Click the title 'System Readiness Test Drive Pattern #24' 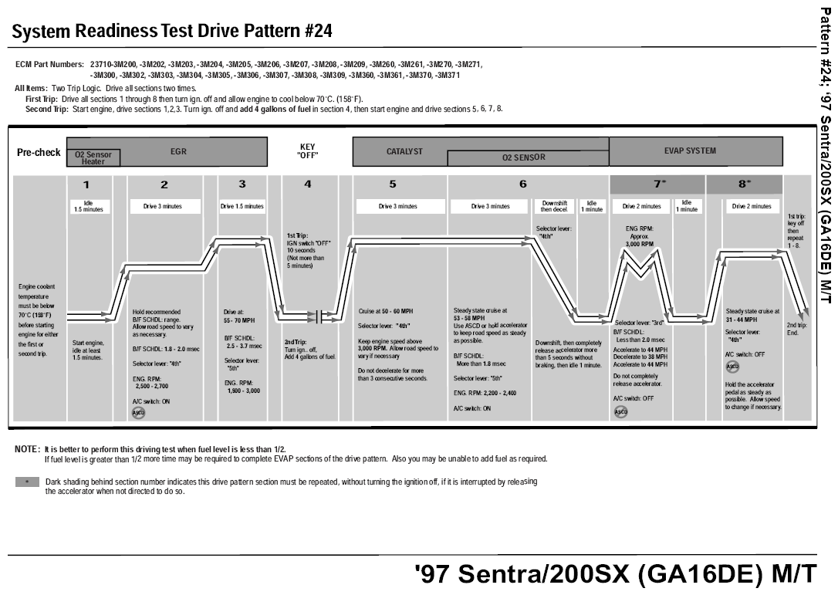172,32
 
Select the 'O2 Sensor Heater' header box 93,158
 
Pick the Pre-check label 39,153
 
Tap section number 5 393,184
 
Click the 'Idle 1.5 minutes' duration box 88,206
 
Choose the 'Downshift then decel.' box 555,206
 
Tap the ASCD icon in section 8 732,366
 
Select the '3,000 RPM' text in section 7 640,244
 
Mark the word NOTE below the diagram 27,449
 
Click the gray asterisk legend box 27,482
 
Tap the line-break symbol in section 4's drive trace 318,315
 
